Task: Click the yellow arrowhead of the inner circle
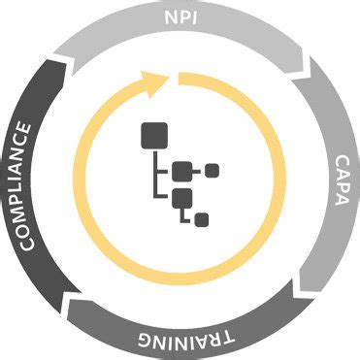click(x=154, y=77)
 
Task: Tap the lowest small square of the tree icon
click(x=201, y=220)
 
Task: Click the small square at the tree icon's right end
click(x=212, y=172)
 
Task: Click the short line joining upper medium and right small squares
click(x=199, y=172)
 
